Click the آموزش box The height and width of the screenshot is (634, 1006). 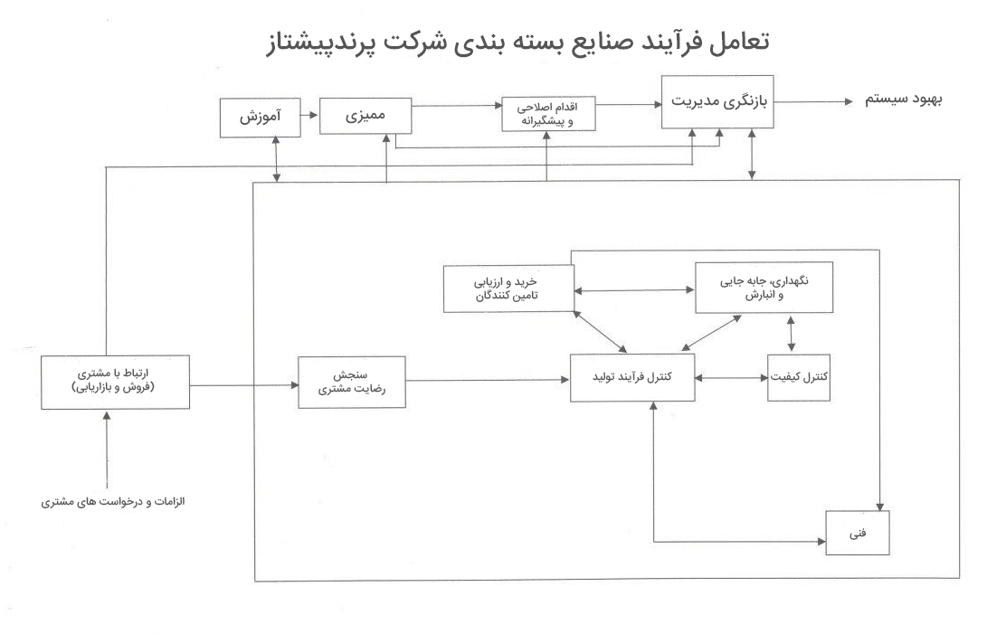(260, 118)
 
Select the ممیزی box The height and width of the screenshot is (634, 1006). (365, 116)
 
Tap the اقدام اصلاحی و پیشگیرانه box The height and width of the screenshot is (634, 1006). (548, 114)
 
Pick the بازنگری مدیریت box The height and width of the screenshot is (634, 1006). (717, 101)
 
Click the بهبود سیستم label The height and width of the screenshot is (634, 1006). (904, 99)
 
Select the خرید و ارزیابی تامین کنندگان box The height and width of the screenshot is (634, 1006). (508, 289)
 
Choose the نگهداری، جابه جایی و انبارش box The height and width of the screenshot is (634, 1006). (764, 287)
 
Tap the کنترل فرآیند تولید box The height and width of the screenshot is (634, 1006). (632, 377)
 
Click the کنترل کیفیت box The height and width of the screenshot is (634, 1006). (798, 377)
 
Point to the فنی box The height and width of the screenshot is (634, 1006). (857, 533)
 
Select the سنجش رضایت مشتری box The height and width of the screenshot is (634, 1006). (352, 382)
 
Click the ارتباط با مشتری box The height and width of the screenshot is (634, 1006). (115, 382)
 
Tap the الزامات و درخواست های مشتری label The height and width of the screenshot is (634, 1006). (113, 502)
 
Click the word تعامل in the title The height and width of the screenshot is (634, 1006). (738, 42)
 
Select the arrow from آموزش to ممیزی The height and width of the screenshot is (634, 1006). (309, 116)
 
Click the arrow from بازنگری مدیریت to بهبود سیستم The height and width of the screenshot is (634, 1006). (813, 101)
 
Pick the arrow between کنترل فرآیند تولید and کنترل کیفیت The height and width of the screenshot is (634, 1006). (731, 378)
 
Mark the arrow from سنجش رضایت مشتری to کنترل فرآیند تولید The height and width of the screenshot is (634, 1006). (488, 381)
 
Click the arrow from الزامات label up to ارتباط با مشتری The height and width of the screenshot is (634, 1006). (107, 449)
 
